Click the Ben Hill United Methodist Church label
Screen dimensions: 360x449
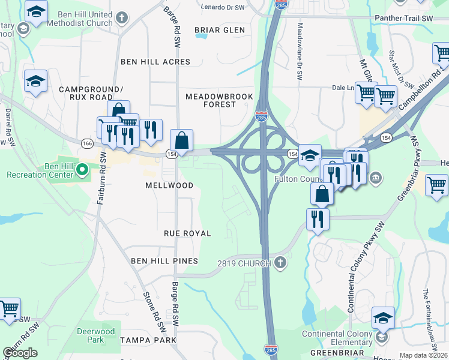85,19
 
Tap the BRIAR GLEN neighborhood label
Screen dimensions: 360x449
220,30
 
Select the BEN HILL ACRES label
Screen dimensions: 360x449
155,62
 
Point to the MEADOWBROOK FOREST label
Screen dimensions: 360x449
211,100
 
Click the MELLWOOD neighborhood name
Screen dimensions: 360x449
169,185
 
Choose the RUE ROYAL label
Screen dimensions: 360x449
187,233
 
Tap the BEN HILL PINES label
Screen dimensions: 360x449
164,261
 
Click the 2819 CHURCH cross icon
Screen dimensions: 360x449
280,262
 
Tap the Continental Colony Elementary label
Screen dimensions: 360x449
339,338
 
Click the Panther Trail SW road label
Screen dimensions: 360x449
403,19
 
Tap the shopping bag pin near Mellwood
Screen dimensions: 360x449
181,141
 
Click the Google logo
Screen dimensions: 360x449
20,353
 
